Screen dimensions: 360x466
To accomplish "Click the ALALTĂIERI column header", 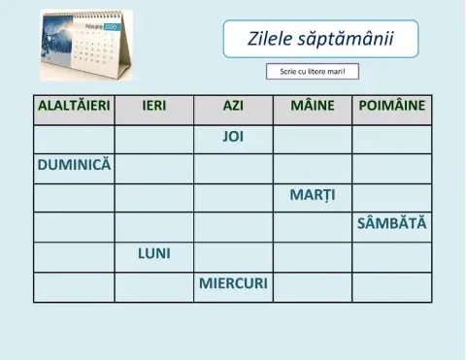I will click(73, 105).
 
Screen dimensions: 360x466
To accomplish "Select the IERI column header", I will click(153, 105).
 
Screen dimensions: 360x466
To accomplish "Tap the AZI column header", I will click(233, 105).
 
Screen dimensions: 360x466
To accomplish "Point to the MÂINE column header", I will click(312, 105).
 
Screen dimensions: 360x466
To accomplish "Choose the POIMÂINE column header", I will click(391, 105).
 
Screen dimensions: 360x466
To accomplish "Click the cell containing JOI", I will click(233, 137).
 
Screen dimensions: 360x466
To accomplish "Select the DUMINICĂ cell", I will click(74, 165).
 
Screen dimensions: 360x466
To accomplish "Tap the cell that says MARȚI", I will click(312, 195).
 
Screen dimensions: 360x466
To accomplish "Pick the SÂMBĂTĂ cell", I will click(391, 224).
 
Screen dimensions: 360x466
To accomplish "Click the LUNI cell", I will click(153, 254).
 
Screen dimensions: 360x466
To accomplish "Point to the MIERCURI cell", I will click(233, 284).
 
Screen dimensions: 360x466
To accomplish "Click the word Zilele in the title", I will click(271, 40).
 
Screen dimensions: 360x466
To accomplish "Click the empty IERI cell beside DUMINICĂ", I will click(153, 166).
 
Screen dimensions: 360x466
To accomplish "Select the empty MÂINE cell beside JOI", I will click(312, 137).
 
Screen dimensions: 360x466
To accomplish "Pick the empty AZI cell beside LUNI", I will click(233, 254).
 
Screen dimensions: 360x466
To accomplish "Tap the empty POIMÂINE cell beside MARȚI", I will click(391, 195).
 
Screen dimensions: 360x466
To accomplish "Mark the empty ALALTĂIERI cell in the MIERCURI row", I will click(74, 285).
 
